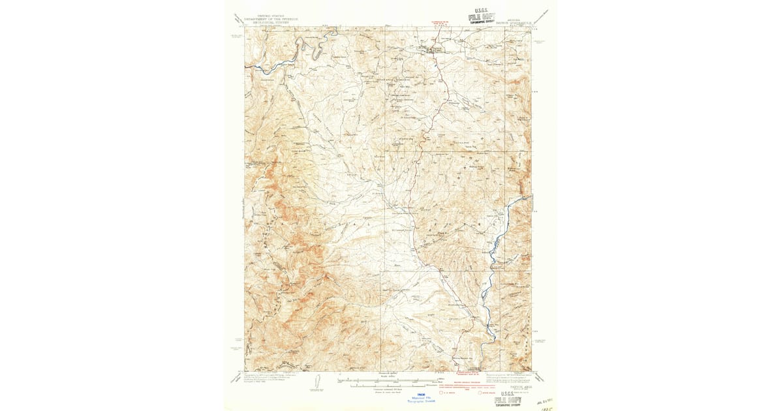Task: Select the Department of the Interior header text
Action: [271, 20]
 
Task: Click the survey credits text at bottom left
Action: [271, 378]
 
